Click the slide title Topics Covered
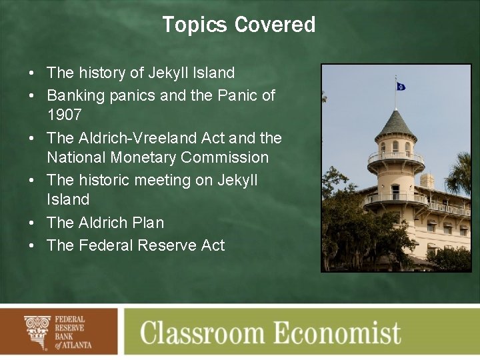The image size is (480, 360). point(239,25)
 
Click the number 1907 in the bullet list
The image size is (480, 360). point(64,115)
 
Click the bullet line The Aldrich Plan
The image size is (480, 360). point(105,223)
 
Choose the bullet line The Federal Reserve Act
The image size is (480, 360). point(135,245)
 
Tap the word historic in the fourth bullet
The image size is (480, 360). point(106,180)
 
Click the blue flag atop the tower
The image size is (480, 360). point(401,86)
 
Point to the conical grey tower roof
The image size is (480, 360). point(395,125)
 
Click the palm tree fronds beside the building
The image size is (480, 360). point(459,175)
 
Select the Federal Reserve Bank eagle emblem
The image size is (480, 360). point(37,331)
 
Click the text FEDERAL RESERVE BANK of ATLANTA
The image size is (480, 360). point(73,332)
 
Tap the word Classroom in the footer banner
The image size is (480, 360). point(212,332)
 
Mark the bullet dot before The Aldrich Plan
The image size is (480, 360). point(32,223)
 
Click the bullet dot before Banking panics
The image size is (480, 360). point(32,96)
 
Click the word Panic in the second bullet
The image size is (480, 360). point(237,95)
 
